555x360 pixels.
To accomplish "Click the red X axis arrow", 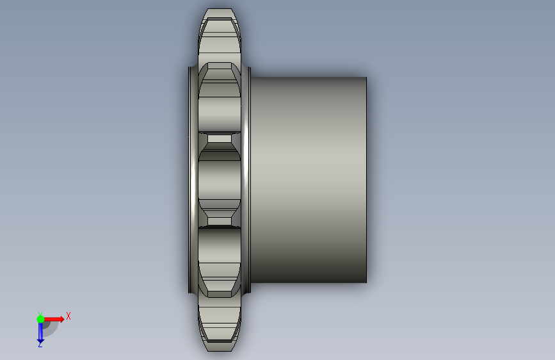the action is pos(53,319).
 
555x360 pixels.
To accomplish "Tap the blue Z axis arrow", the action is pos(40,332).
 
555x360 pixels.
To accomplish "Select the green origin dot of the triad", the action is pos(40,319).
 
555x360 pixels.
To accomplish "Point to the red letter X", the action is pos(68,316).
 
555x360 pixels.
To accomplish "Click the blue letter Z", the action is pos(40,344).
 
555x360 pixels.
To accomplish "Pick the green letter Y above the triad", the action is pos(40,314).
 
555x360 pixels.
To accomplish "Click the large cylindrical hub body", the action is pos(309,179).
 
